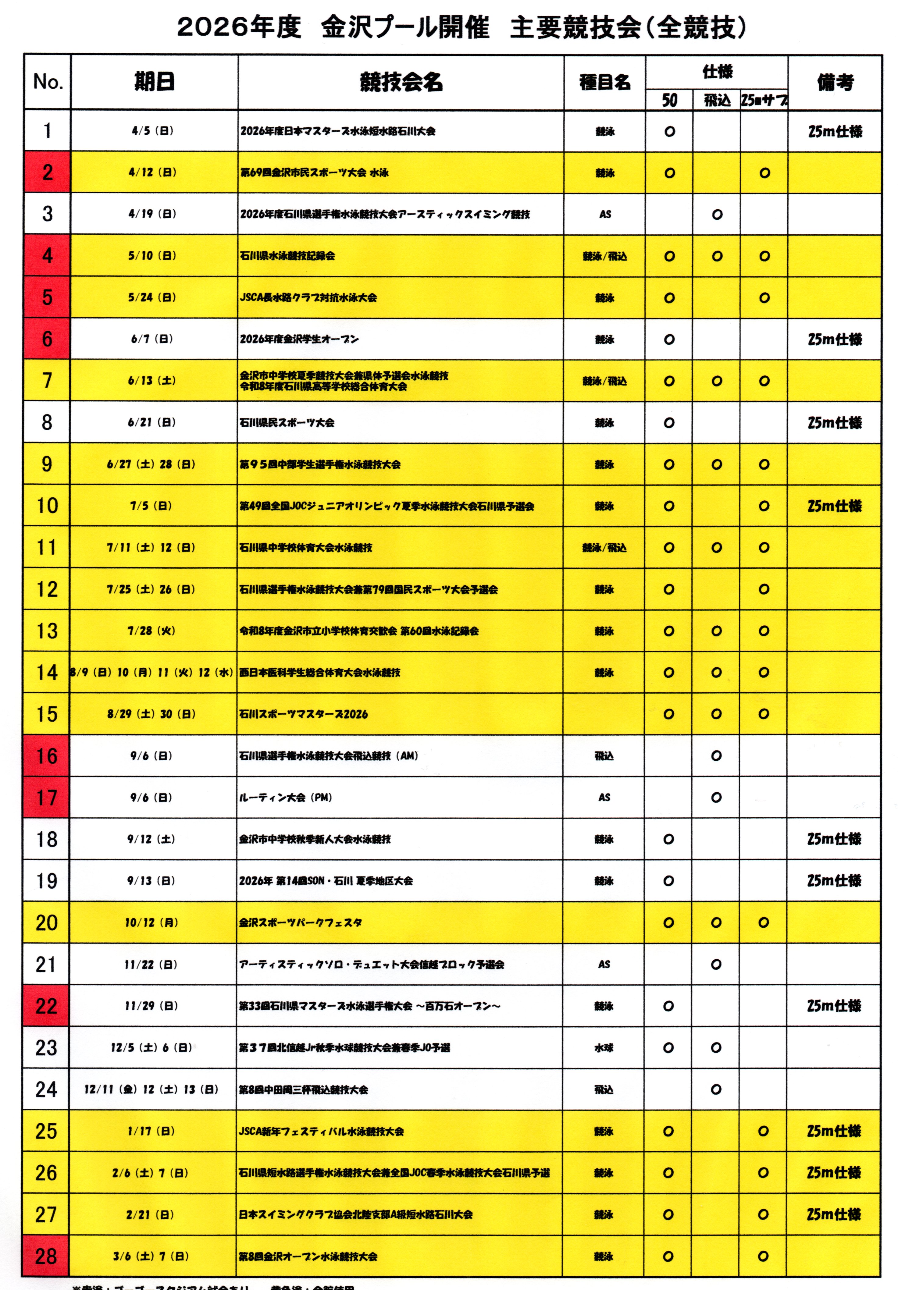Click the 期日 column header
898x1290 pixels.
[x=154, y=82]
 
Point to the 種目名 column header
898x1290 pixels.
[x=605, y=82]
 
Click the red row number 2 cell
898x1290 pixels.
[x=47, y=172]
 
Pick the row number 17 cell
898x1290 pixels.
[x=47, y=797]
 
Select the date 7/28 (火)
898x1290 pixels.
[x=151, y=631]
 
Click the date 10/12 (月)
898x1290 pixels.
[x=151, y=922]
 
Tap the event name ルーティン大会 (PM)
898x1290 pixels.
[x=286, y=797]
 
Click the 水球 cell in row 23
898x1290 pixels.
[x=604, y=1048]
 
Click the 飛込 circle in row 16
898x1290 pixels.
[x=716, y=756]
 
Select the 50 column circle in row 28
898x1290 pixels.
[x=668, y=1256]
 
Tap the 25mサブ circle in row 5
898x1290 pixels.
[x=764, y=298]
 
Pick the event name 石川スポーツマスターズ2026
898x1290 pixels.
[x=304, y=714]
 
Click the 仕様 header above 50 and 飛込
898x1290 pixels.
[x=717, y=71]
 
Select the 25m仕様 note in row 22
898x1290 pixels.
[x=834, y=1006]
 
